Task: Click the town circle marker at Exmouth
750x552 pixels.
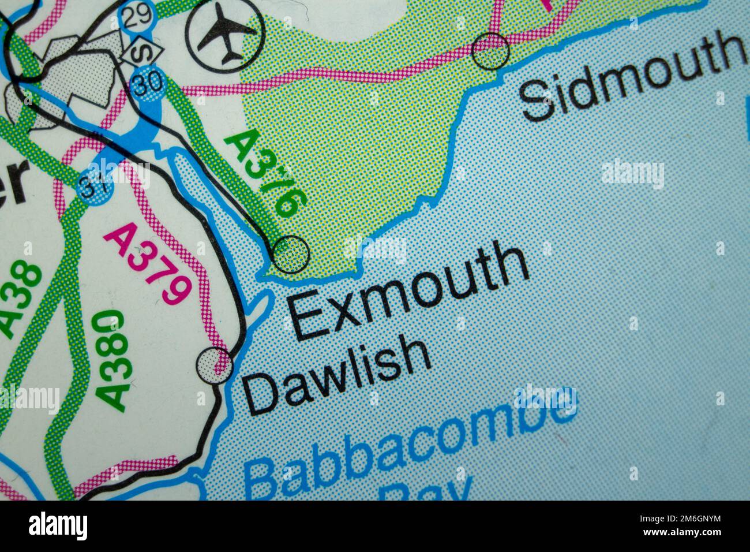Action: coord(291,253)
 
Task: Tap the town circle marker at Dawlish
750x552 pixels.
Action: coord(214,364)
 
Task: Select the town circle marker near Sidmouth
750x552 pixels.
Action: coord(490,51)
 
